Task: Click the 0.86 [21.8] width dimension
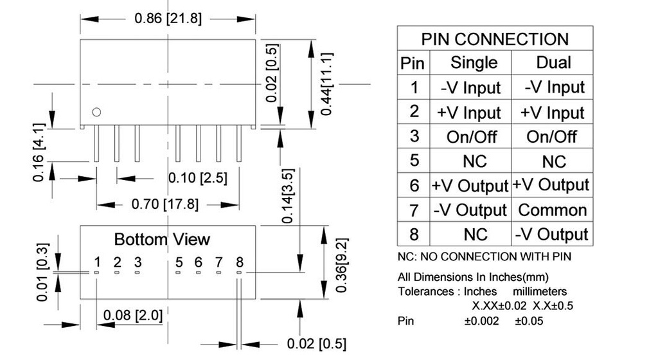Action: tap(168, 18)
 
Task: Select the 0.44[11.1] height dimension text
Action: tap(327, 84)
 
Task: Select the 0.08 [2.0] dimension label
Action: tap(133, 316)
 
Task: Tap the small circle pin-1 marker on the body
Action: tap(96, 112)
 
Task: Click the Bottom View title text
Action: tap(162, 239)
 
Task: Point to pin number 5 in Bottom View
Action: tap(179, 262)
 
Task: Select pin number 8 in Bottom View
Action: tap(240, 262)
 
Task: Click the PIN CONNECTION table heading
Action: tap(494, 39)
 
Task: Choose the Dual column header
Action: tap(553, 62)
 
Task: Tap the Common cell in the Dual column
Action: tap(553, 210)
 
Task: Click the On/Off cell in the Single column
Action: tap(472, 136)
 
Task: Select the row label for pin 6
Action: tap(414, 186)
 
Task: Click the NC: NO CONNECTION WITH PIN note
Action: tap(484, 256)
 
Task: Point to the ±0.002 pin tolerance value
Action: tap(481, 320)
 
